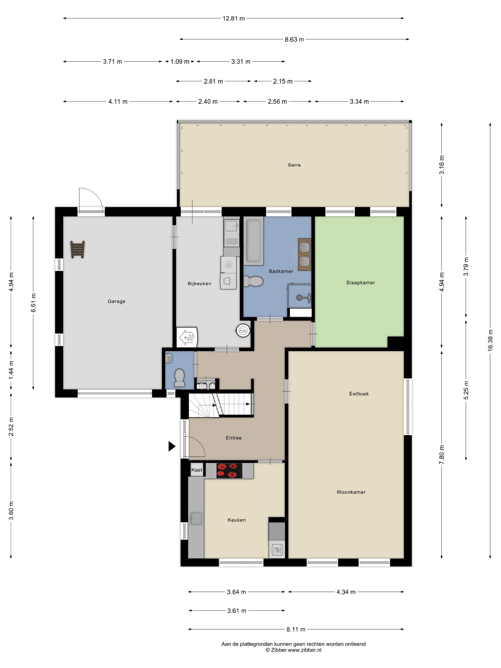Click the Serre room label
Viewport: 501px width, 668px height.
point(294,165)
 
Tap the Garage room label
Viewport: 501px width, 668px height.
point(116,301)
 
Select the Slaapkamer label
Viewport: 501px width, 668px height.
point(360,283)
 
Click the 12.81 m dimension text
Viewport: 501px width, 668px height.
point(233,18)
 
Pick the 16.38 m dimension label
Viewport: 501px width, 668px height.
point(490,340)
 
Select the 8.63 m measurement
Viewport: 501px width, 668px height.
point(294,39)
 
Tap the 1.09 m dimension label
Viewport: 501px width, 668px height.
point(180,62)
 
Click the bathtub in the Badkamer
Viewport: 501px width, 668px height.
point(253,241)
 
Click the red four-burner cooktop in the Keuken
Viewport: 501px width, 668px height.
point(229,470)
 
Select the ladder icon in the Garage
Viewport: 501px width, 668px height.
point(77,250)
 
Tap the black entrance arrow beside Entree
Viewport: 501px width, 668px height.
point(172,446)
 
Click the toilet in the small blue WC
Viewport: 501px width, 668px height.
point(179,377)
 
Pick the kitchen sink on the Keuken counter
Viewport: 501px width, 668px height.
point(196,518)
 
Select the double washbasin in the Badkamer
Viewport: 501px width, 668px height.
point(304,254)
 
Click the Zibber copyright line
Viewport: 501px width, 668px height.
point(293,650)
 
